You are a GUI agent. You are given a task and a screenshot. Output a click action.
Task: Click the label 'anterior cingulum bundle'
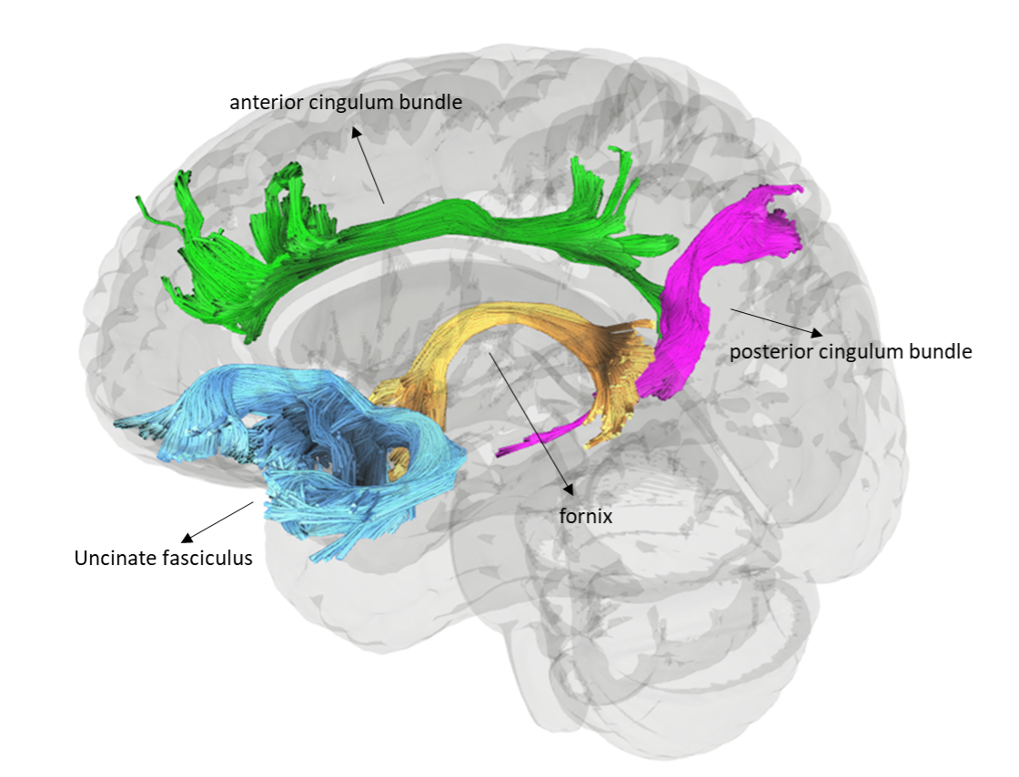click(x=346, y=102)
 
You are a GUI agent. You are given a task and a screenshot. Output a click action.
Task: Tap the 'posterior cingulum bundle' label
click(x=851, y=351)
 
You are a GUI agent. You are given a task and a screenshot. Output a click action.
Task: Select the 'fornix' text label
click(x=585, y=516)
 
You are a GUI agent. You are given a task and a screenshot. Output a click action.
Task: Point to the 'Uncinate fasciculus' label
click(x=163, y=558)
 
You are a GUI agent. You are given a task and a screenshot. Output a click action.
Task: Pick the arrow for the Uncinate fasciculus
click(x=218, y=520)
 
